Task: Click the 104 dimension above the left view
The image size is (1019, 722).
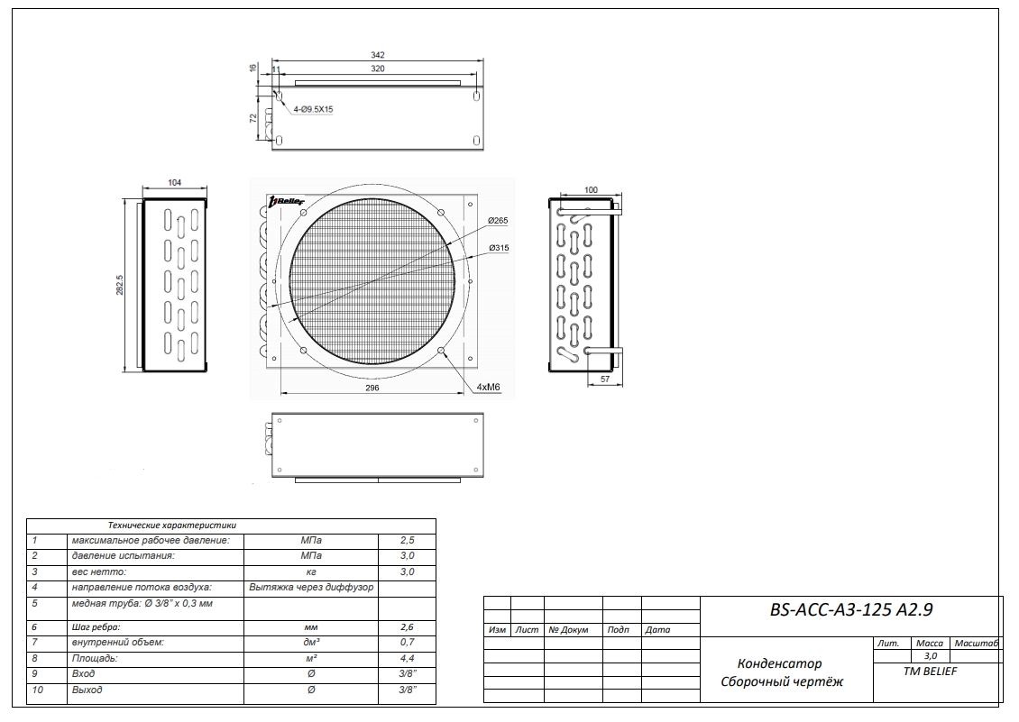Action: point(175,183)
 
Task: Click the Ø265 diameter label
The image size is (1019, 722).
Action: point(500,221)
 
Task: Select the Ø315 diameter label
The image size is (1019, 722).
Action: point(500,248)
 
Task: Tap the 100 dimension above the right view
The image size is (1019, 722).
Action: point(591,190)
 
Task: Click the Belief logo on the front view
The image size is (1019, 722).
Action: point(288,202)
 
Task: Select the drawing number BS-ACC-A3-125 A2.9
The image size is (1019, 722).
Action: point(850,610)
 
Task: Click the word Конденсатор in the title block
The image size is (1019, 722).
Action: point(779,664)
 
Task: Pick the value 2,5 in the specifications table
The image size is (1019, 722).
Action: point(407,540)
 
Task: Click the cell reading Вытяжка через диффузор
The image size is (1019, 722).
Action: point(311,587)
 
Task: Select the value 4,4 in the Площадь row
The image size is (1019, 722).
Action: point(407,659)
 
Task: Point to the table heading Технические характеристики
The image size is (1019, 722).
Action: point(171,524)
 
